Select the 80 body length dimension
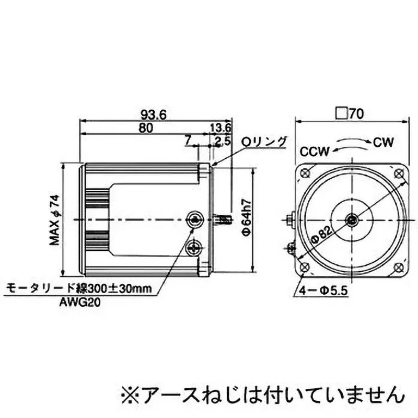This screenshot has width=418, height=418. (147, 127)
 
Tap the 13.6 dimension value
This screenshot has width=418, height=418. (220, 127)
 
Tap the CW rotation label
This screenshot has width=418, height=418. (384, 141)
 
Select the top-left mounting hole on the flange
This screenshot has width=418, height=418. (306, 173)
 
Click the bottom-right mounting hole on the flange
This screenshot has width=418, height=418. (398, 267)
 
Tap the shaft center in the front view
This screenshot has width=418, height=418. (353, 219)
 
